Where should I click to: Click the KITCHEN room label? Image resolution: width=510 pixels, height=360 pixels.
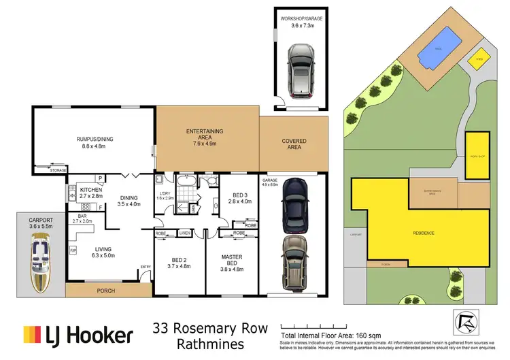point(91,189)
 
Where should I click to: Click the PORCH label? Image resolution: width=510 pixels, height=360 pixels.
point(106,291)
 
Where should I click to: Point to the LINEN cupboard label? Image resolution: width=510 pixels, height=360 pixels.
point(185,233)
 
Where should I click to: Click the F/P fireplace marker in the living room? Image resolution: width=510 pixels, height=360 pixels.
point(73,250)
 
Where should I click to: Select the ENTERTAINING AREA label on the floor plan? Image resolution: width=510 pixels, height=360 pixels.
point(205,132)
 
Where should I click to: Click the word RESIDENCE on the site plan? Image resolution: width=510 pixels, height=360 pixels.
point(424,233)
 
